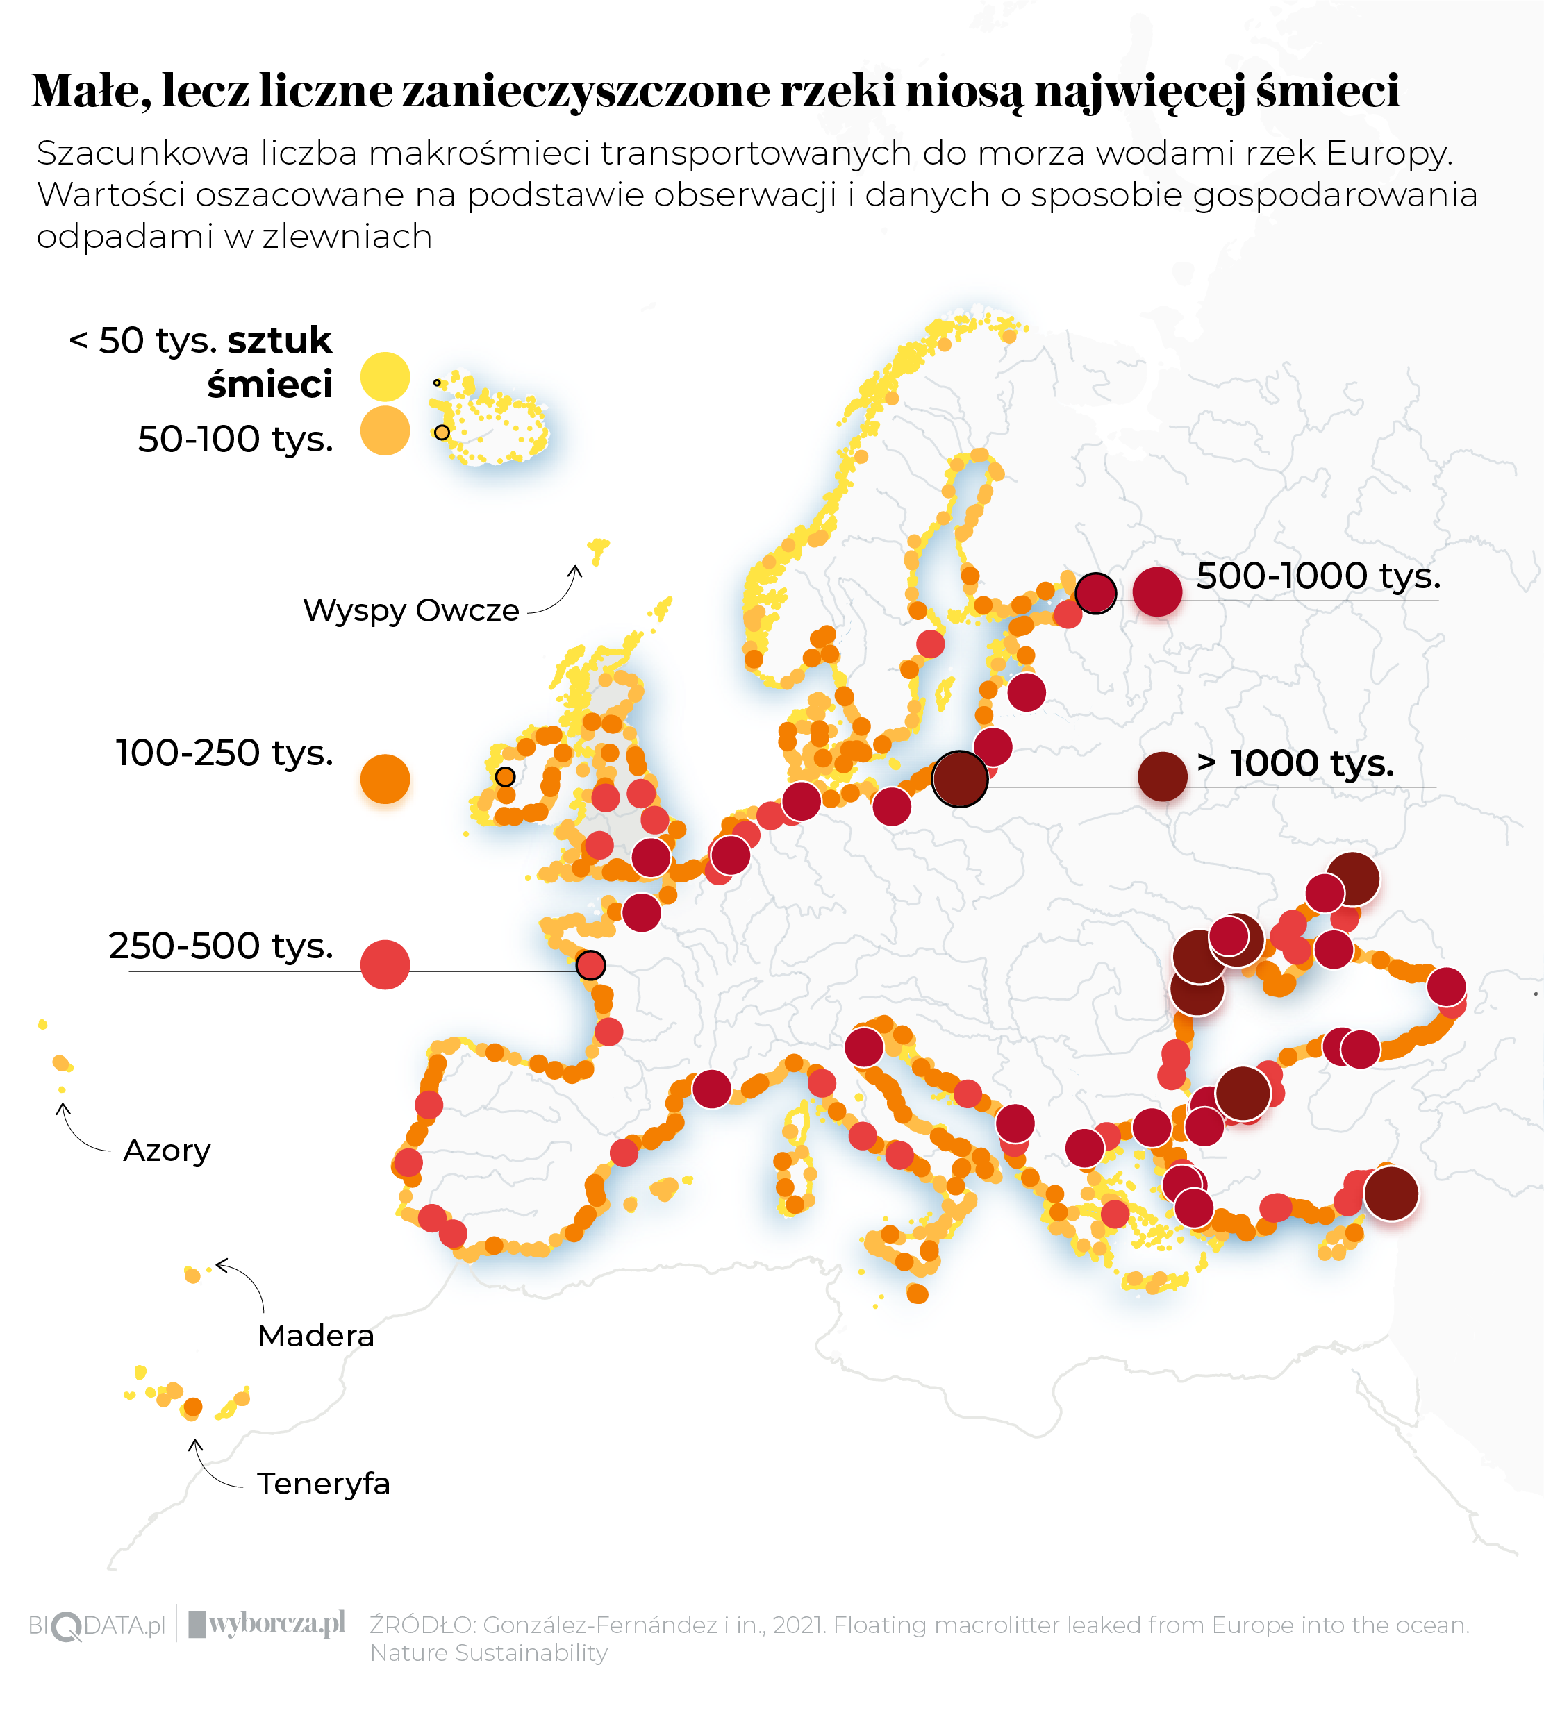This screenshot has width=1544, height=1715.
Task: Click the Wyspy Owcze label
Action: tap(410, 610)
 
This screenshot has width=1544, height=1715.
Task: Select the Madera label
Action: tap(315, 1335)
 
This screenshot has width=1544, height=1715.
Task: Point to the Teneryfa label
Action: tap(323, 1484)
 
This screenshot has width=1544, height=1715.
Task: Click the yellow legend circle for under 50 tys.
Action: tap(385, 376)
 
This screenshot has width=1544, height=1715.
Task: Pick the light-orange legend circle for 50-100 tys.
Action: tap(385, 431)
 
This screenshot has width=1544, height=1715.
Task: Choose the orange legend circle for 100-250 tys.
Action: tap(385, 778)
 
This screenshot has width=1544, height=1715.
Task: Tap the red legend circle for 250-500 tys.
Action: tap(385, 964)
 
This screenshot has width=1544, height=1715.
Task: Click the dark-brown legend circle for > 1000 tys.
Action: tap(1162, 776)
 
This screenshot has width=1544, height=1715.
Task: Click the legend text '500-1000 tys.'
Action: tap(1318, 576)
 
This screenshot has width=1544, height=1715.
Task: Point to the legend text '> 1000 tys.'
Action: tap(1295, 762)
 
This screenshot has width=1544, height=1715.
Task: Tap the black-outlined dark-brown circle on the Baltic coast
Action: tap(959, 778)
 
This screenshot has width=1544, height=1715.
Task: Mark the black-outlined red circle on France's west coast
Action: tap(590, 964)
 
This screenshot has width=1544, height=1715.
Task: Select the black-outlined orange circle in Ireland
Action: tap(505, 776)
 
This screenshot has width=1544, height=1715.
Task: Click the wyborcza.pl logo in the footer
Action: tap(267, 1623)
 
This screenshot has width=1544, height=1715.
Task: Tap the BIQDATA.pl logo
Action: tap(97, 1625)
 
